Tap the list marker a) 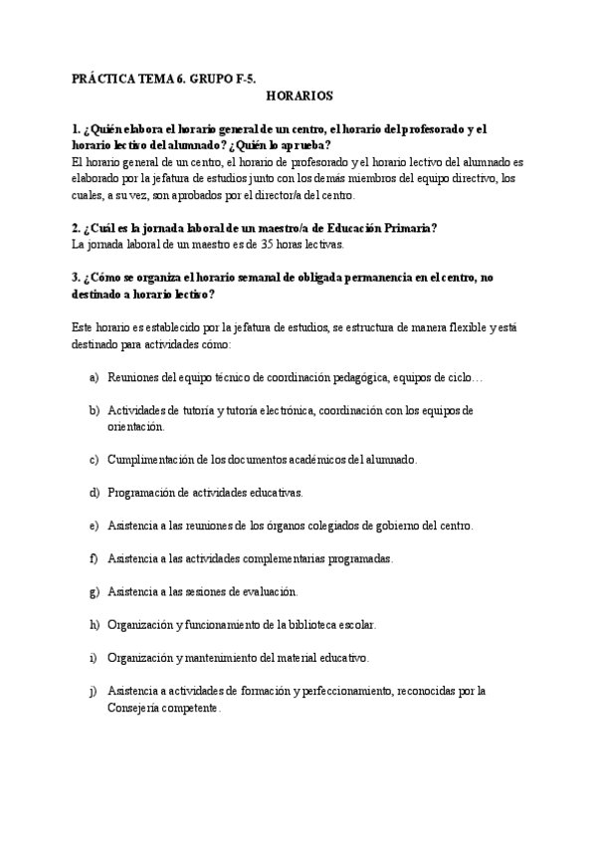click(94, 379)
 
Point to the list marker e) click(94, 525)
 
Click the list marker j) click(94, 691)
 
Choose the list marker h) click(94, 625)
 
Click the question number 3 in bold click(76, 278)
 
